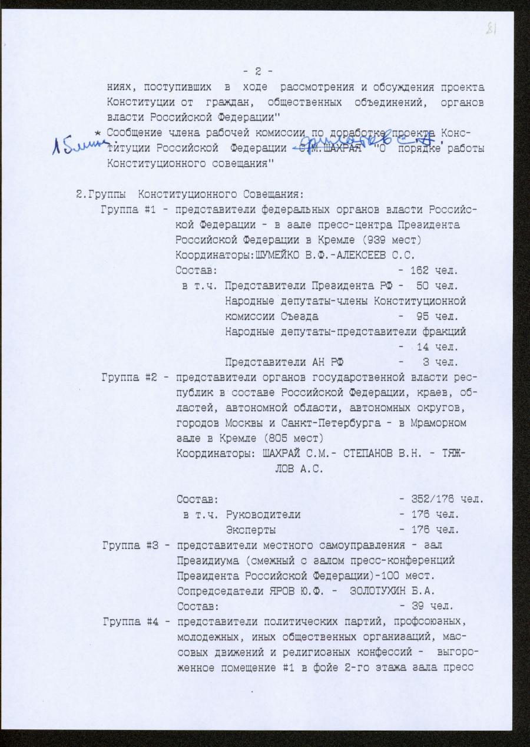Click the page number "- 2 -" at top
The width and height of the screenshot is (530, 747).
click(x=257, y=72)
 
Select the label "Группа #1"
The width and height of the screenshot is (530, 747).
click(x=127, y=210)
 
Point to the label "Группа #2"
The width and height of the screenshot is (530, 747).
click(x=127, y=376)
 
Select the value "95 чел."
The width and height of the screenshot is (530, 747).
click(x=436, y=316)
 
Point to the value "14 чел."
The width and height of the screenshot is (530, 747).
click(x=437, y=347)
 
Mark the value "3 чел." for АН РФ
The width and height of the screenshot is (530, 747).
click(x=439, y=362)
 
